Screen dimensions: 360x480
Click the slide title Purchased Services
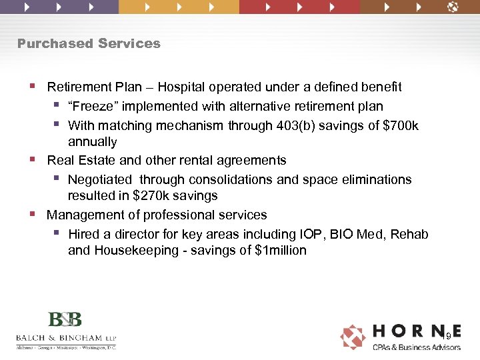click(x=89, y=43)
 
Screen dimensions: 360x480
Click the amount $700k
click(x=401, y=125)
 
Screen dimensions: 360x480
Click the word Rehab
click(x=409, y=235)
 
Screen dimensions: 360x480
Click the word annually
click(x=92, y=142)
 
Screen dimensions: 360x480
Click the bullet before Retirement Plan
click(x=33, y=87)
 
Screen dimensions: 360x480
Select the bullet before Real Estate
click(x=33, y=160)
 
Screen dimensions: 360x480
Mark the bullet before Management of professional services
click(x=33, y=215)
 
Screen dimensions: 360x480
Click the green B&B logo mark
click(x=65, y=319)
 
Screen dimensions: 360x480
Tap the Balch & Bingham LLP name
click(x=65, y=337)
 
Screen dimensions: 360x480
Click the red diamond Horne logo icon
click(x=353, y=337)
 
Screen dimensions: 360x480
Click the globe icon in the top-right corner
click(x=453, y=7)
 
